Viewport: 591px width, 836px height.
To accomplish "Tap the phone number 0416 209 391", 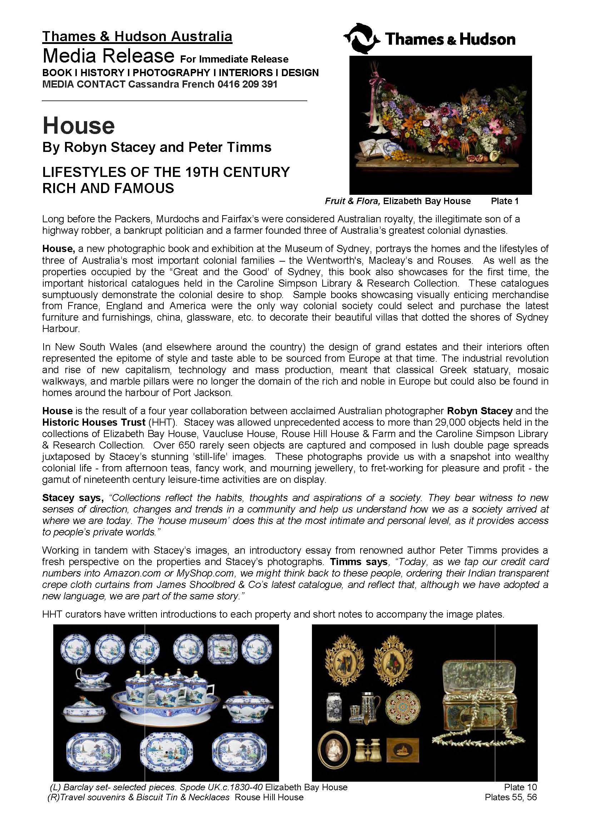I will click(248, 84).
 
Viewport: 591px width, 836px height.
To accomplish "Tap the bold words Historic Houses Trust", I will click(94, 422).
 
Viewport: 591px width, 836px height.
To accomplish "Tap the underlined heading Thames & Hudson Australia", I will click(137, 36).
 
